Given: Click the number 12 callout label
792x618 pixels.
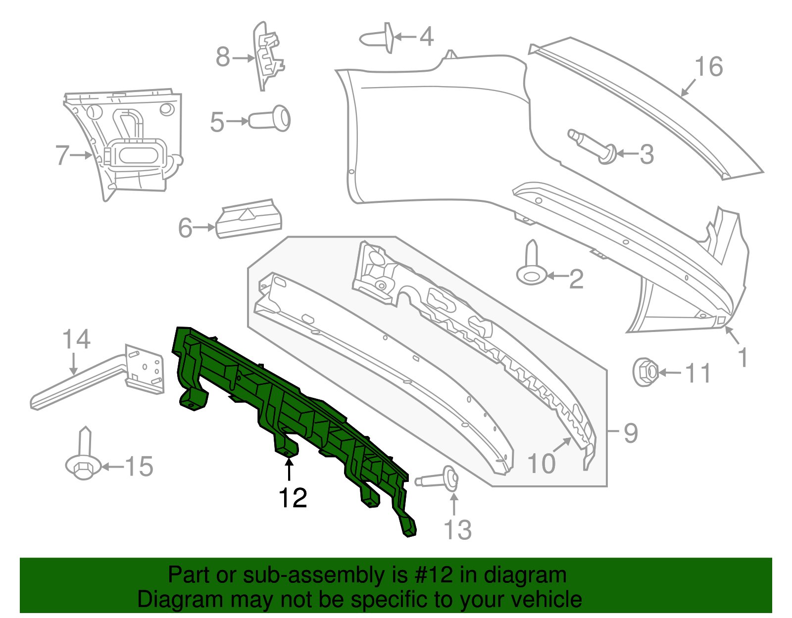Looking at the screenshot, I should (x=293, y=498).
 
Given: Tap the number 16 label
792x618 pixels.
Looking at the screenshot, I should (x=708, y=67).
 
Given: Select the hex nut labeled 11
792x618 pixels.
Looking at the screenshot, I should (x=645, y=372).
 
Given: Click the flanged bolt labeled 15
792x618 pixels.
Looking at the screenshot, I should (x=83, y=457).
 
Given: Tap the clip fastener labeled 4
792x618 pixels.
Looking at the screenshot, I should (x=379, y=37).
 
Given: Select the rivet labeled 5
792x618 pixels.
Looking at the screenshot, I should (x=270, y=120).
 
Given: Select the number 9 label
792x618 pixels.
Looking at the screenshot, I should (x=630, y=433).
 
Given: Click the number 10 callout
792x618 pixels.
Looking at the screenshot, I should (x=542, y=464).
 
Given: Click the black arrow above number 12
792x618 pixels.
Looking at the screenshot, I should (x=289, y=469).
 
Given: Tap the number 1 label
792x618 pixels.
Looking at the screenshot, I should (x=742, y=357).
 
